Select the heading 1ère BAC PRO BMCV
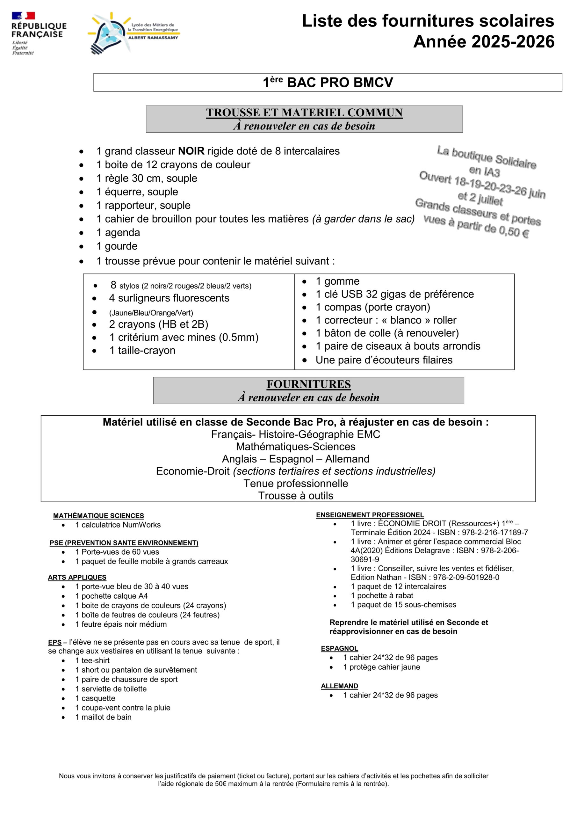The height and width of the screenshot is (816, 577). pos(328,83)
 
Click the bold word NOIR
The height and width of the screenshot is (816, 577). pos(191,151)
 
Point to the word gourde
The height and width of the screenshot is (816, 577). pos(121,246)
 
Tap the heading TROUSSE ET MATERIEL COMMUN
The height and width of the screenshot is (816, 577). pos(304,113)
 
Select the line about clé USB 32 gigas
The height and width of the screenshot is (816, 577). pos(394,294)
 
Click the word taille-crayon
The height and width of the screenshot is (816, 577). pos(146,350)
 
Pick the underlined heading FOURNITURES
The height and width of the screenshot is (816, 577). pos(308,384)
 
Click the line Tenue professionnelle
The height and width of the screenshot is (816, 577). pos(296,483)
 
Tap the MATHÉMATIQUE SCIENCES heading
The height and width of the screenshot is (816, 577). pos(98,516)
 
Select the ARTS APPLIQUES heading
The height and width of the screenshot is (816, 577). pos(77,578)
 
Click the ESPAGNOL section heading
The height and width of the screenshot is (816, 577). pos(339,649)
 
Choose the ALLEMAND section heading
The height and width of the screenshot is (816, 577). pos(339,686)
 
